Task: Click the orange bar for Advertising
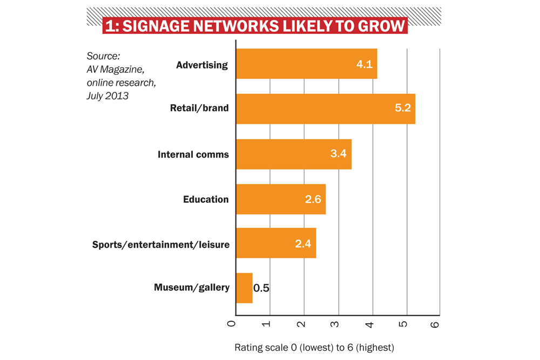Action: [x=306, y=64]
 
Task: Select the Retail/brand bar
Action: [x=325, y=108]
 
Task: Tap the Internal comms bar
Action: [x=293, y=154]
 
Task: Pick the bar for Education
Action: [x=280, y=199]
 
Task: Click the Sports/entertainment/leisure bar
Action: [x=275, y=243]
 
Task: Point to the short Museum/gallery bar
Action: [x=244, y=288]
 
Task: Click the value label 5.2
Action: [x=402, y=108]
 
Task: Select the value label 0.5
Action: [x=261, y=288]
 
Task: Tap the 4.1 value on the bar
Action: [x=364, y=64]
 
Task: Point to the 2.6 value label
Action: [x=313, y=199]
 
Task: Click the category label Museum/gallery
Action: [x=192, y=288]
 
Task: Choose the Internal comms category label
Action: [x=193, y=155]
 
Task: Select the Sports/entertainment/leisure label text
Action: [x=161, y=244]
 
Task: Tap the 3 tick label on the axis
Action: [x=335, y=324]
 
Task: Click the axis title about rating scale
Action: [x=314, y=347]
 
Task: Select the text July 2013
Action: [x=107, y=96]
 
